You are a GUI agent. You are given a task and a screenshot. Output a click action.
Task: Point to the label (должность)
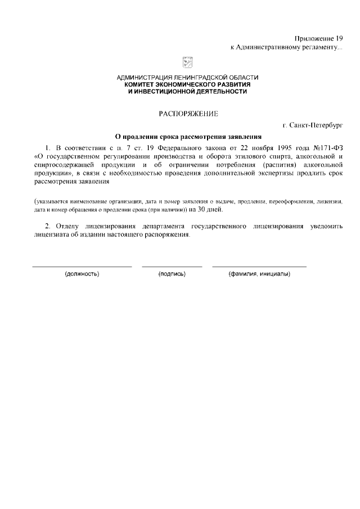coord(82,274)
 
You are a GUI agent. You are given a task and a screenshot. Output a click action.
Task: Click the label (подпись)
coord(172,274)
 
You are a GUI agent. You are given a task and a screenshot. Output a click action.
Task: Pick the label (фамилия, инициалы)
coord(259,274)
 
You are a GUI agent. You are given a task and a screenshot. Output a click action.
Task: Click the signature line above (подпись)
coord(172,266)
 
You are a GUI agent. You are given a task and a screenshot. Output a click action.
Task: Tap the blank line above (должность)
coord(82,266)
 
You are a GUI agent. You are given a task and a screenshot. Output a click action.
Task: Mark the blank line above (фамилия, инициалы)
coord(259,266)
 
